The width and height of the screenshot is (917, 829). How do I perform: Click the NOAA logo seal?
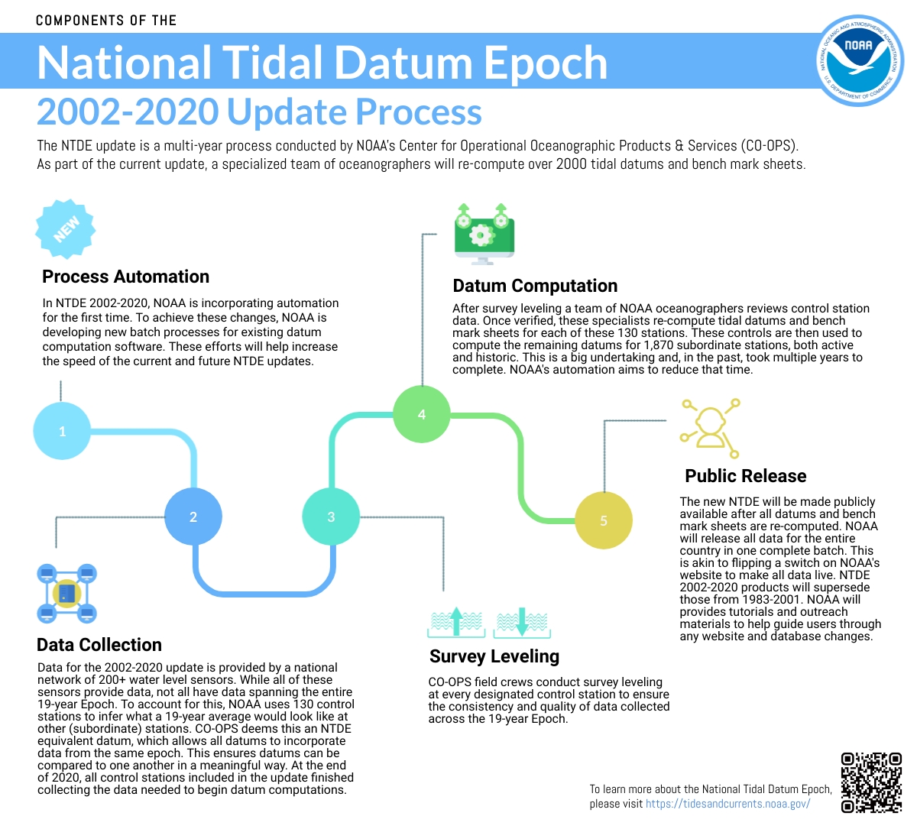[x=860, y=60]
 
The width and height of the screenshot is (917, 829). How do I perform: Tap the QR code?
[x=871, y=783]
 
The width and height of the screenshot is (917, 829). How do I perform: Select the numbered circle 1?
[x=62, y=431]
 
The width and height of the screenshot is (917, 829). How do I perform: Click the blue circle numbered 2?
[x=193, y=517]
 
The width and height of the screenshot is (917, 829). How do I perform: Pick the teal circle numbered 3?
[x=331, y=517]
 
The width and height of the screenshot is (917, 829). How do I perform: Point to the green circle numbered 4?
[x=422, y=414]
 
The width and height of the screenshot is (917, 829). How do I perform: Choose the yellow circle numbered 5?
[x=604, y=520]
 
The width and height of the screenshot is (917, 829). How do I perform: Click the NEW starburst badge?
[x=66, y=228]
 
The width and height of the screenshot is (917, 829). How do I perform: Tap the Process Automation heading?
[x=126, y=277]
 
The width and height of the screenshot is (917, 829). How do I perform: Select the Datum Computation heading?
[x=535, y=286]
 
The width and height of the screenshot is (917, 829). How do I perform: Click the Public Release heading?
[x=746, y=475]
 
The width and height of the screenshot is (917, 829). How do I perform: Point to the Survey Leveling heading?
[x=494, y=656]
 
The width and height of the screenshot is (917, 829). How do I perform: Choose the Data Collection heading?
[x=99, y=645]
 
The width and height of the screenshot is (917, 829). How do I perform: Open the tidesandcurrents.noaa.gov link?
[x=727, y=803]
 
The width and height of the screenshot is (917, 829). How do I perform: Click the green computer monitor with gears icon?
[x=484, y=234]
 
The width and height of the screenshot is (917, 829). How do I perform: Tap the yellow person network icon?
[x=709, y=429]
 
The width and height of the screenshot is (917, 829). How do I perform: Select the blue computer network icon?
[x=66, y=594]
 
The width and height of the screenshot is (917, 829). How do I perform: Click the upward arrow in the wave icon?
[x=456, y=621]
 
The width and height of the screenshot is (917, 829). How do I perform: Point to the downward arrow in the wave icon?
[x=522, y=622]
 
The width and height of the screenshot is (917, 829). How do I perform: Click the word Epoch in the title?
[x=546, y=63]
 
